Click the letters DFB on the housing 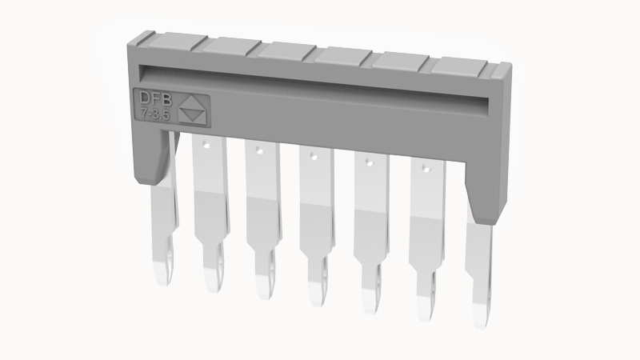pos(156,98)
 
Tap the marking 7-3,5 pos(155,115)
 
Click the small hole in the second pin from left pos(205,144)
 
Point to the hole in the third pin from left pos(259,150)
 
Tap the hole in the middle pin pos(314,156)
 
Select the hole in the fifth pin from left pos(369,162)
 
